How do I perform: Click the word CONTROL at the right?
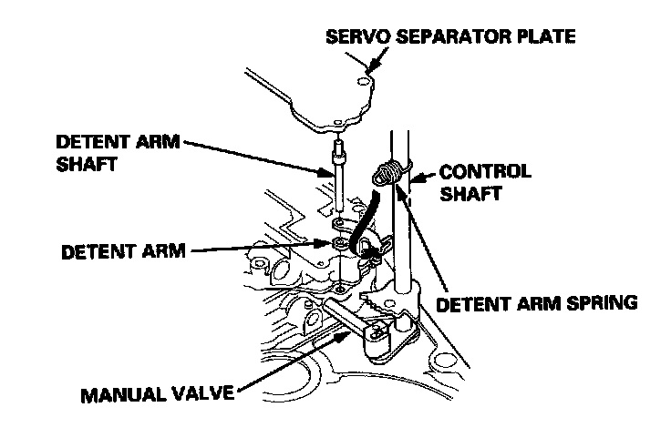pyautogui.click(x=484, y=171)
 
